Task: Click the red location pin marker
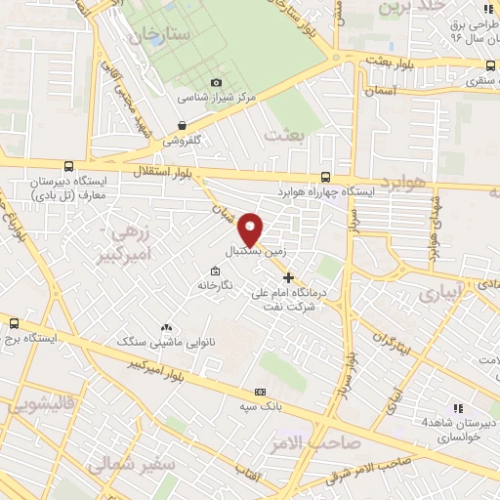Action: click(251, 229)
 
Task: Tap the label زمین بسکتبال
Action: click(257, 250)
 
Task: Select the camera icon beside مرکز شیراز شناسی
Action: click(217, 83)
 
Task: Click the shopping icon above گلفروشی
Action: click(183, 125)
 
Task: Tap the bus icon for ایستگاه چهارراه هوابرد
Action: click(325, 178)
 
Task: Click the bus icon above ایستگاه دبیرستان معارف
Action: click(67, 167)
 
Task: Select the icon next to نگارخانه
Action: click(214, 271)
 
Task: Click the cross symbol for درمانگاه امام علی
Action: click(287, 277)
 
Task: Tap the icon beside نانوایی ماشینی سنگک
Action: click(165, 328)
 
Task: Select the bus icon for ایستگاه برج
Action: click(14, 322)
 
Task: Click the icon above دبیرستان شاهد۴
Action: click(456, 408)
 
